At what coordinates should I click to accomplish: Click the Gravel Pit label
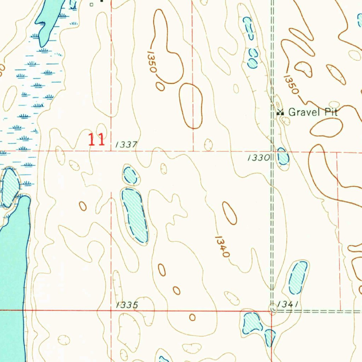[313, 112]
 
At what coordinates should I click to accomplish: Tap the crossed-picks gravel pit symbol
[280, 112]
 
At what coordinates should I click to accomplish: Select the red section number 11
[97, 140]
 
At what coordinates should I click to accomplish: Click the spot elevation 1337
[126, 145]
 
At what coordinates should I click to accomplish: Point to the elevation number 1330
[259, 158]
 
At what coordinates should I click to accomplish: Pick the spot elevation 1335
[127, 305]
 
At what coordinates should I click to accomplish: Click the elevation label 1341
[288, 304]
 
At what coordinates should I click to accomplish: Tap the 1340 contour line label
[222, 246]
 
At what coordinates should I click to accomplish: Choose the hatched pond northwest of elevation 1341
[298, 278]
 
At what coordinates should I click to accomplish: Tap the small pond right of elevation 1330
[283, 157]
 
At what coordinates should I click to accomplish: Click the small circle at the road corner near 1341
[273, 309]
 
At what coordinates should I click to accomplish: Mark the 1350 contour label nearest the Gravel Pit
[291, 84]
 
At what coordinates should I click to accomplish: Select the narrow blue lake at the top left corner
[49, 21]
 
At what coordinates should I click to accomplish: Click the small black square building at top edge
[92, 5]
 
